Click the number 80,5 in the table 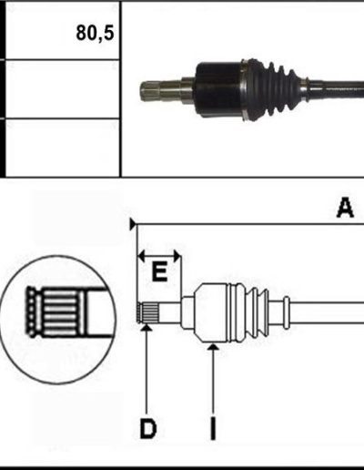(95, 33)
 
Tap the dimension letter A (345, 208)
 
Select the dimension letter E (159, 272)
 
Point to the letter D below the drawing (148, 429)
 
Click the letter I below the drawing (213, 428)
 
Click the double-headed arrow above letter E (159, 256)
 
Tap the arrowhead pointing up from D (147, 328)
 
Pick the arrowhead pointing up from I (213, 346)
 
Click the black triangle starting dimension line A (133, 224)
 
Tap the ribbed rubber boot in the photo (273, 90)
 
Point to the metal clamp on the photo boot (244, 90)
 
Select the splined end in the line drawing (148, 312)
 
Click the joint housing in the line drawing (212, 312)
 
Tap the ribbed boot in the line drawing (249, 312)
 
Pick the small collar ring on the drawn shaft (287, 312)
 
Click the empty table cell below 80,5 (63, 89)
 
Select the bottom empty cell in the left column (63, 148)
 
